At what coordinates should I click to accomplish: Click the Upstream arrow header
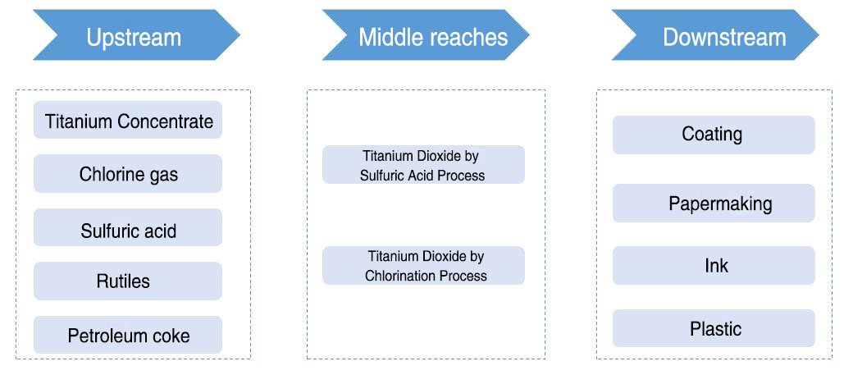click(x=136, y=34)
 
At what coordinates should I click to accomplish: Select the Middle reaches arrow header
click(x=426, y=34)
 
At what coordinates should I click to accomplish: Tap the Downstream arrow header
click(x=715, y=34)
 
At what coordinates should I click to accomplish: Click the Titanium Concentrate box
click(x=128, y=120)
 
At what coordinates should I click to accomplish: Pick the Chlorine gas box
click(x=128, y=174)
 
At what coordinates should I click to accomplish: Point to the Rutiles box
click(x=128, y=281)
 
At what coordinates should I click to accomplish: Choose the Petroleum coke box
click(x=128, y=335)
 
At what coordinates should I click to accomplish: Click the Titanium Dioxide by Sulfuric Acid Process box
click(x=423, y=164)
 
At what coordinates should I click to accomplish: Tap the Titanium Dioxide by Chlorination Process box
click(x=423, y=266)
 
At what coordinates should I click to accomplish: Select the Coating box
click(x=714, y=135)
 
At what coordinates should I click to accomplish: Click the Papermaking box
click(x=714, y=203)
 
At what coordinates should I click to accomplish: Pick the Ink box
click(x=714, y=265)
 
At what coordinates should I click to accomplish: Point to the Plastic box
click(x=714, y=328)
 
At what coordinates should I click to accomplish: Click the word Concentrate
click(x=166, y=121)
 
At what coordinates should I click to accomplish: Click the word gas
click(x=163, y=176)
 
